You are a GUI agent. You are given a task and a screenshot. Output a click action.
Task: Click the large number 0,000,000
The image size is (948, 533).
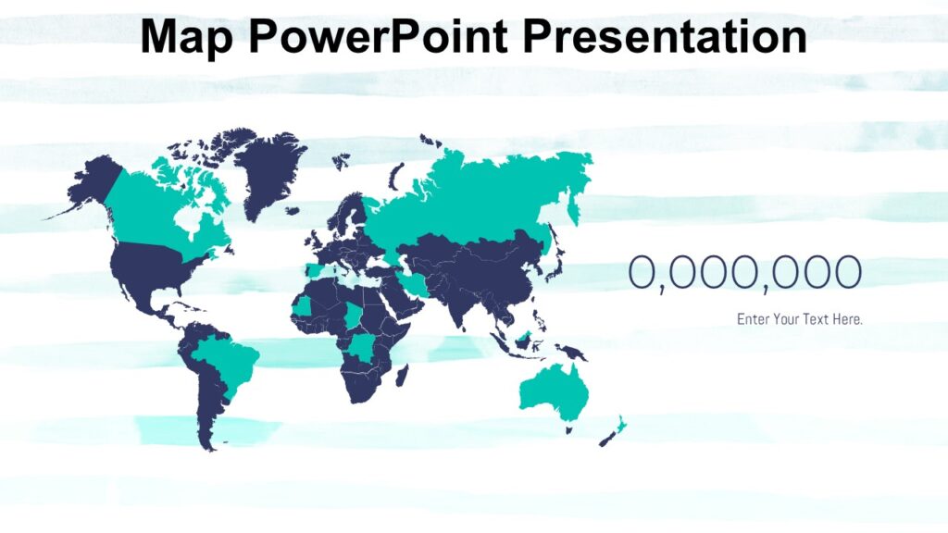coord(745,273)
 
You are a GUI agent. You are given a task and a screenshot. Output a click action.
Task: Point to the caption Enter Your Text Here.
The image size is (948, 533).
coord(800,319)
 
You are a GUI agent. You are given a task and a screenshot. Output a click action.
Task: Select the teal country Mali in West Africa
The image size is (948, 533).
coord(304,306)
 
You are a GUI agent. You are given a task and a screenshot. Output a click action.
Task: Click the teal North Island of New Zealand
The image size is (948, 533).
coord(620,425)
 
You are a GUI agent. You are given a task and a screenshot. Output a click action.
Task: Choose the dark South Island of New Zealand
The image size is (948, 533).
coord(607,439)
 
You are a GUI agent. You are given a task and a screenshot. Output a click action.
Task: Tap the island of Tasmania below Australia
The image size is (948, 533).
coord(568,429)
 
